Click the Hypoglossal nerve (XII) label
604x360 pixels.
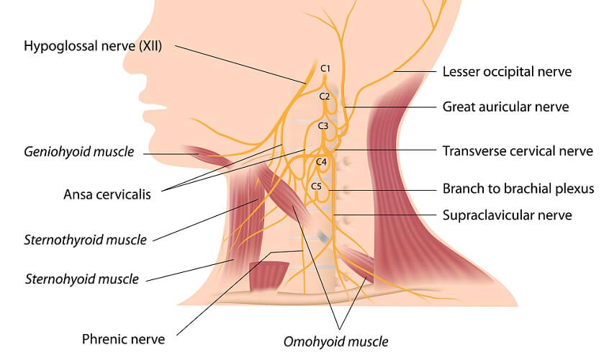pyautogui.click(x=93, y=47)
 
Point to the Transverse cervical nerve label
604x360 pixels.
pyautogui.click(x=517, y=151)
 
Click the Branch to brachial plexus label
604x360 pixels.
pyautogui.click(x=518, y=189)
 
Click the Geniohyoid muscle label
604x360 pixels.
pyautogui.click(x=79, y=152)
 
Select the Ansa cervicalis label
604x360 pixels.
pyautogui.click(x=107, y=194)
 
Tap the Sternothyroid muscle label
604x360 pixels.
pyautogui.click(x=85, y=239)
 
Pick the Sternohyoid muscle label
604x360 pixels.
pyautogui.click(x=81, y=278)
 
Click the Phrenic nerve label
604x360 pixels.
pyautogui.click(x=124, y=338)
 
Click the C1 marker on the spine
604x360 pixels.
pyautogui.click(x=325, y=68)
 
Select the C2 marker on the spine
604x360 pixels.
pyautogui.click(x=325, y=96)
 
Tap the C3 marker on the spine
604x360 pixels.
pyautogui.click(x=323, y=126)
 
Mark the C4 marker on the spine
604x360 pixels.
pyautogui.click(x=321, y=162)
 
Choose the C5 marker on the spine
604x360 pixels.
pyautogui.click(x=317, y=186)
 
